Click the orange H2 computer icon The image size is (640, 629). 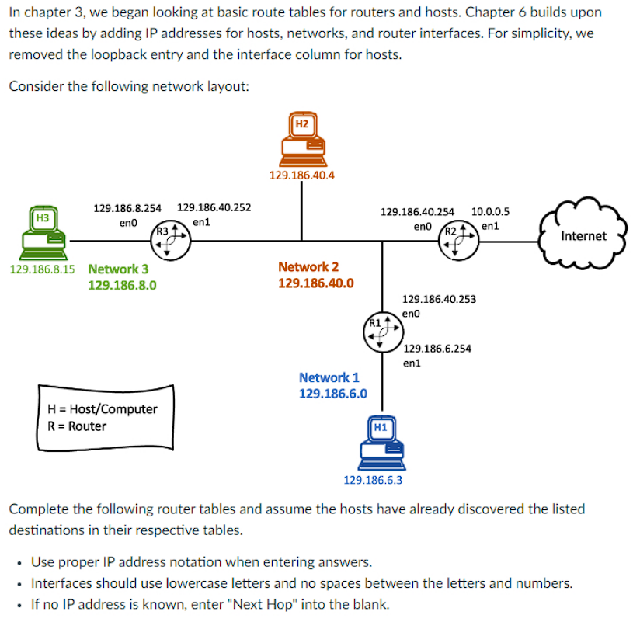tap(302, 137)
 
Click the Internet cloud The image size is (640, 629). tap(583, 235)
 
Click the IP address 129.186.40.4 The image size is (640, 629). tap(302, 175)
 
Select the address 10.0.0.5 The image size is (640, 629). tap(490, 211)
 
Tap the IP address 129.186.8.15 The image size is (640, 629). tap(43, 269)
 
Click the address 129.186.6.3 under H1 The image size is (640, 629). tap(373, 480)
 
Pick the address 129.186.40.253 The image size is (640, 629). tap(440, 299)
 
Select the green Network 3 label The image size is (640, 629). tap(119, 269)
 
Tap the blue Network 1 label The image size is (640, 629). tap(329, 377)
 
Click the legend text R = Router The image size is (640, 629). tap(77, 426)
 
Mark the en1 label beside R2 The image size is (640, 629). tap(489, 226)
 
